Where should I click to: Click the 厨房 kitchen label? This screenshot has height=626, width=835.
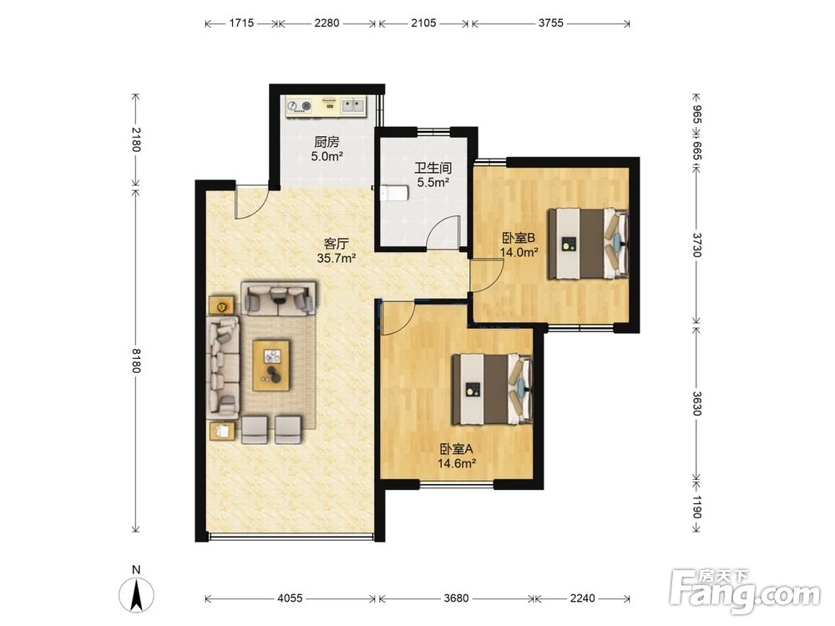click(326, 142)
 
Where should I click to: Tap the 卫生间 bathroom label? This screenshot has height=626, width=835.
click(433, 169)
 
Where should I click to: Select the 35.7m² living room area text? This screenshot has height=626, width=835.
click(337, 259)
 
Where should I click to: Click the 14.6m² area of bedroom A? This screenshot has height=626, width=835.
click(457, 463)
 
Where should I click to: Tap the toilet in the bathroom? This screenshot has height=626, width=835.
click(392, 192)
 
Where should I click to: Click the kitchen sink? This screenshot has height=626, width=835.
click(353, 105)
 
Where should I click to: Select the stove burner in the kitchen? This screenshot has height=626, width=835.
click(306, 107)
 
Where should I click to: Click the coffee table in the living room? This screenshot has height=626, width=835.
click(271, 366)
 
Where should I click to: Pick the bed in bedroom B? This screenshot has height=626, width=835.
click(589, 243)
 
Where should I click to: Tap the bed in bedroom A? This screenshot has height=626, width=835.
click(492, 390)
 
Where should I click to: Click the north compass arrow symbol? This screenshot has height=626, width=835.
click(136, 594)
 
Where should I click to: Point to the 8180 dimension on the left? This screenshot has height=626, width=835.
click(136, 361)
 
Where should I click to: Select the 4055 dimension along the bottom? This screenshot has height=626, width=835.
click(290, 598)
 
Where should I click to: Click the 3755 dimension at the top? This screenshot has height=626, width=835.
click(550, 23)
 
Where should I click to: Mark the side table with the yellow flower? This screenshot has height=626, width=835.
click(221, 306)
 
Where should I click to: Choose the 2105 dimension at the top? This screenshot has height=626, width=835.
click(424, 23)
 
